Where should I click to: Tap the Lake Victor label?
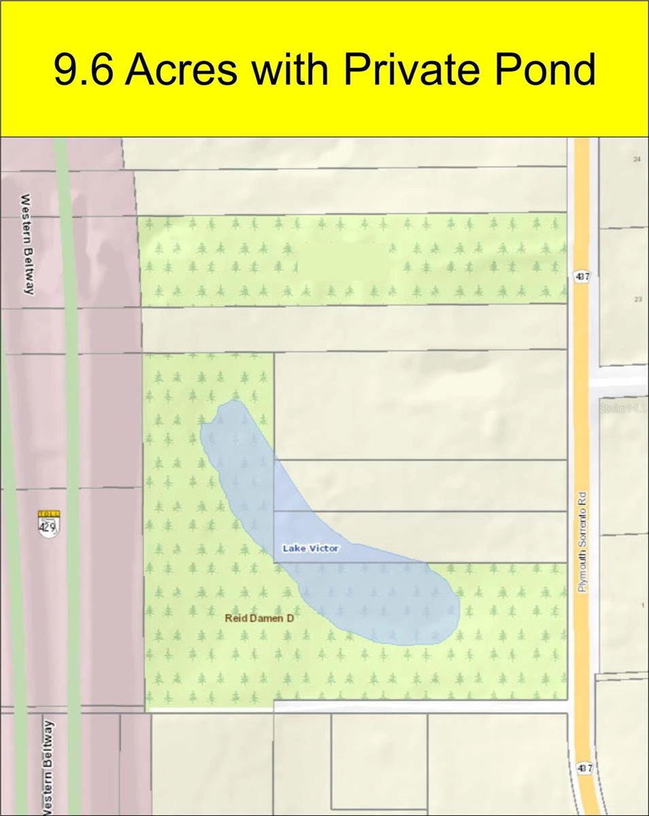(310, 548)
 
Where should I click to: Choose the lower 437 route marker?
(584, 768)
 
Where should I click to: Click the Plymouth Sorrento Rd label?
(582, 541)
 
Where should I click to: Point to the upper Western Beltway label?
(27, 244)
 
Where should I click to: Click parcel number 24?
(637, 159)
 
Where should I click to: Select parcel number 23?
(637, 299)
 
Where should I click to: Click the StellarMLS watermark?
(622, 408)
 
